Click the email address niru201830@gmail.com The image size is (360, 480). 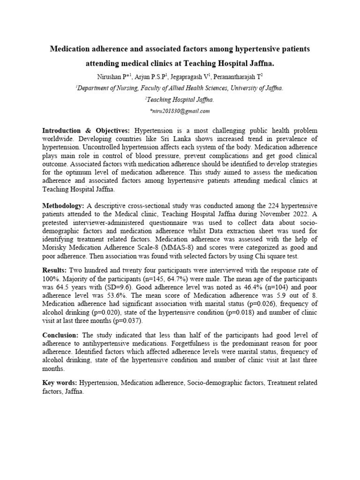pos(180,111)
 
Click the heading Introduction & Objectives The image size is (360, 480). pos(87,130)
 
